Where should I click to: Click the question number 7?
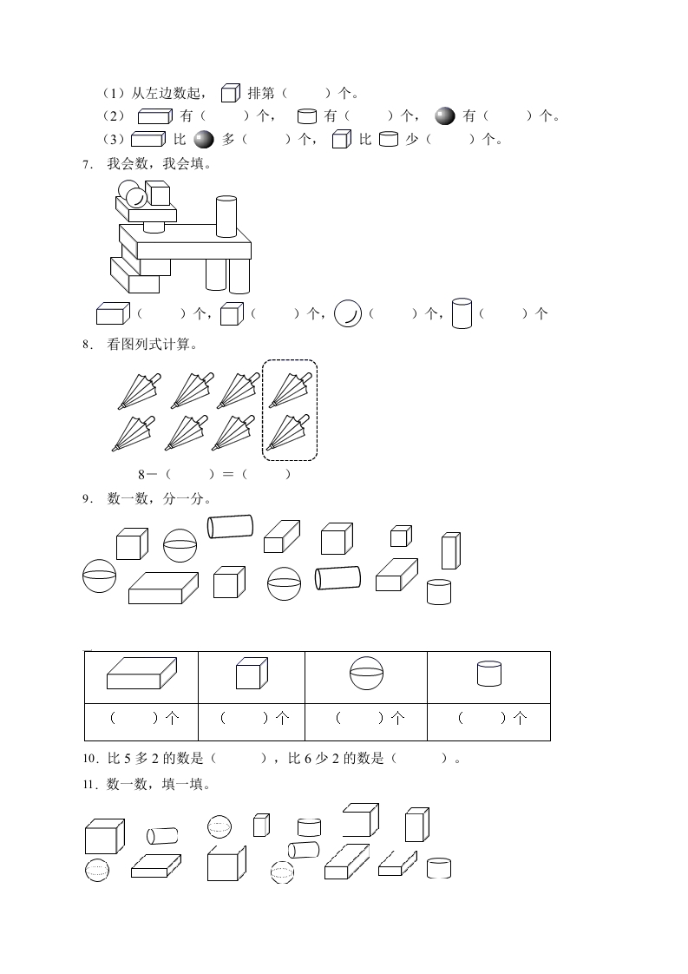point(87,165)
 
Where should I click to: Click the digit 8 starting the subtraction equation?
point(141,475)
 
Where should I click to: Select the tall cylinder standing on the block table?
point(226,216)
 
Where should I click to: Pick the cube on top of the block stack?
point(158,193)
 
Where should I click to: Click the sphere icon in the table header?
point(366,674)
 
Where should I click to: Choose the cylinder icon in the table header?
point(489,674)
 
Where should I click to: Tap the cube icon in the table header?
point(252,674)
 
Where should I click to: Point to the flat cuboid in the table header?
point(141,674)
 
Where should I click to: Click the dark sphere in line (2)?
point(445,116)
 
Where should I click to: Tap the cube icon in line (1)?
point(231,93)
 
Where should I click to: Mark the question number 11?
point(89,785)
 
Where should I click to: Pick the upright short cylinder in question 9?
point(439,592)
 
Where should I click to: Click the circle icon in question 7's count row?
point(348,313)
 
